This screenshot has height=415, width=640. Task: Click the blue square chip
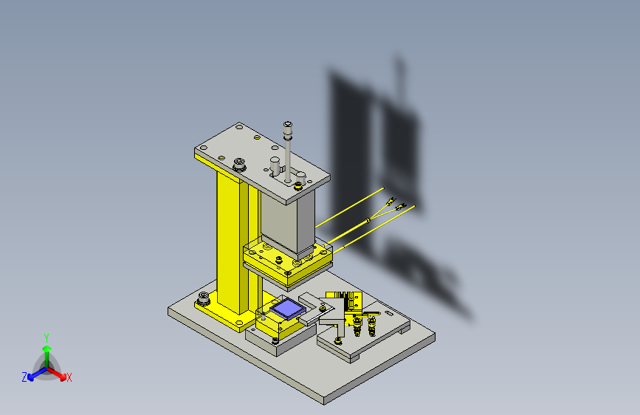click(287, 309)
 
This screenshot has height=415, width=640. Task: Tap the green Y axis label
click(47, 338)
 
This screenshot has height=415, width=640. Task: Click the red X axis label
click(69, 377)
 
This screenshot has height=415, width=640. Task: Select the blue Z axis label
click(24, 377)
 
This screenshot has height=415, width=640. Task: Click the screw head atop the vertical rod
click(288, 124)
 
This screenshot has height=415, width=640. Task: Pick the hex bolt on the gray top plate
click(238, 165)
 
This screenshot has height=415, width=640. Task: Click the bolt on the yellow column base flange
click(203, 298)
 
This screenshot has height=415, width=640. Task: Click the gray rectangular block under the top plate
click(288, 222)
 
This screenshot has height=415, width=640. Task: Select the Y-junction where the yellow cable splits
click(368, 221)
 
